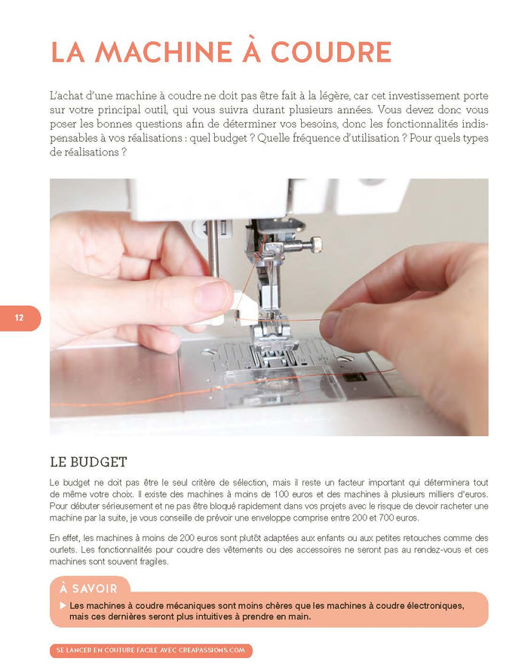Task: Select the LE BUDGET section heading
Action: click(88, 462)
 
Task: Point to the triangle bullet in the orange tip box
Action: click(63, 606)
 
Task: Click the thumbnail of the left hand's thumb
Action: click(213, 295)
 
